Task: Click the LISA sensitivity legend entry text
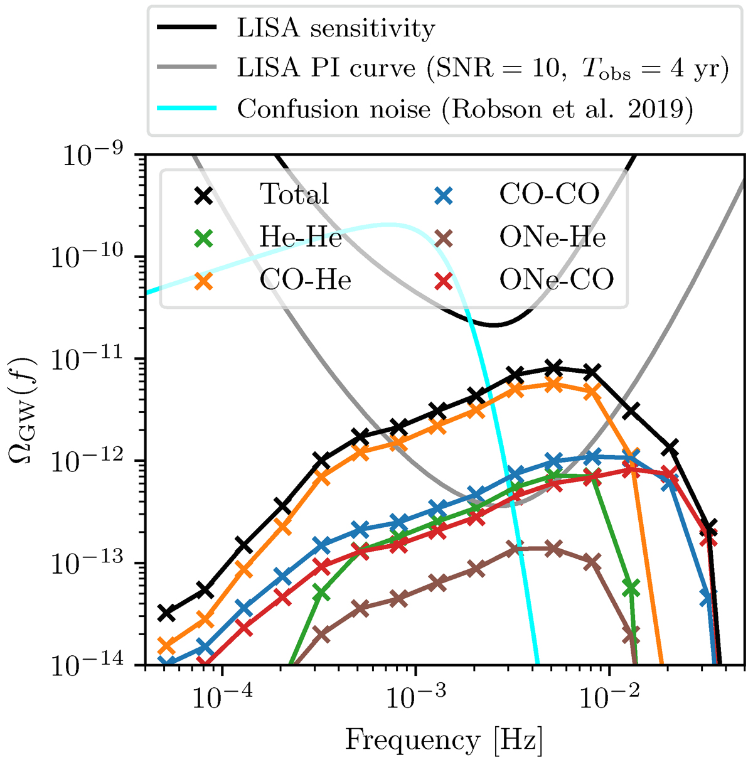[x=336, y=29]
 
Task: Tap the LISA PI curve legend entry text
[x=483, y=68]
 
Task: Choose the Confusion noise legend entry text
[x=465, y=109]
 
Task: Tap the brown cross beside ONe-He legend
[x=444, y=238]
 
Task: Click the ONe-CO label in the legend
[x=556, y=280]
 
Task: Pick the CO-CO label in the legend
[x=549, y=195]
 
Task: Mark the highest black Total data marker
[x=553, y=368]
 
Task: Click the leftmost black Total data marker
[x=166, y=613]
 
